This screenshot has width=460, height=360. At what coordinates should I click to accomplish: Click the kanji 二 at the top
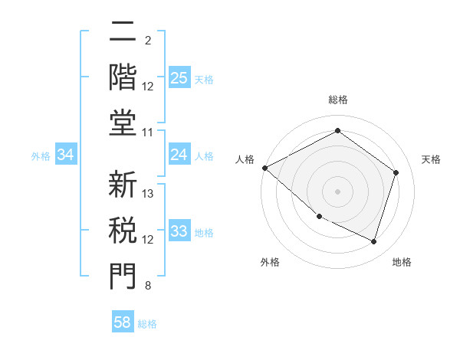(x=123, y=32)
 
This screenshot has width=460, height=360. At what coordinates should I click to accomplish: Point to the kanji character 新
(x=123, y=185)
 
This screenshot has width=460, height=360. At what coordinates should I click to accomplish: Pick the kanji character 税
(x=123, y=229)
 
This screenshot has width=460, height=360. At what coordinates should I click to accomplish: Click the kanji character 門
(x=123, y=275)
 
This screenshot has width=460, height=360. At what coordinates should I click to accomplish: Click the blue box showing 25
(x=179, y=77)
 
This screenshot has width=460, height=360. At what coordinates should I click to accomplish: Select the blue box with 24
(x=179, y=155)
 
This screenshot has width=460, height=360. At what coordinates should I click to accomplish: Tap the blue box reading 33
(x=179, y=231)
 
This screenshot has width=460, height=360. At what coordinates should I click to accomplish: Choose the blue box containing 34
(x=66, y=155)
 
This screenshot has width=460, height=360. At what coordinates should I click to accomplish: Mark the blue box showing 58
(x=123, y=322)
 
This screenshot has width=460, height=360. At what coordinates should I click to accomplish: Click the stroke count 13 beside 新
(x=149, y=194)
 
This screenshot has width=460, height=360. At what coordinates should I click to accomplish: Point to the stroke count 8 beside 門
(x=147, y=286)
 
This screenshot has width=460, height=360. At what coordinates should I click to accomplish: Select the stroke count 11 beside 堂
(x=149, y=133)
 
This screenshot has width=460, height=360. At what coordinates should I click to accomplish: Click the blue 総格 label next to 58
(x=147, y=324)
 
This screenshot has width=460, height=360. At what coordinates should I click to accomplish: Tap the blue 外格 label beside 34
(x=41, y=156)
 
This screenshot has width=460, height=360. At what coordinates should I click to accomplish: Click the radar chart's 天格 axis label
(x=431, y=159)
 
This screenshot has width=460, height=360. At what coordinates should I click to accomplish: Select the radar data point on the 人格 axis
(x=264, y=168)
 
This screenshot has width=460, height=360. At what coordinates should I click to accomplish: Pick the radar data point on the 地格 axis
(x=373, y=241)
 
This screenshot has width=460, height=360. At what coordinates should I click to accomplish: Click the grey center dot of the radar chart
(x=337, y=191)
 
